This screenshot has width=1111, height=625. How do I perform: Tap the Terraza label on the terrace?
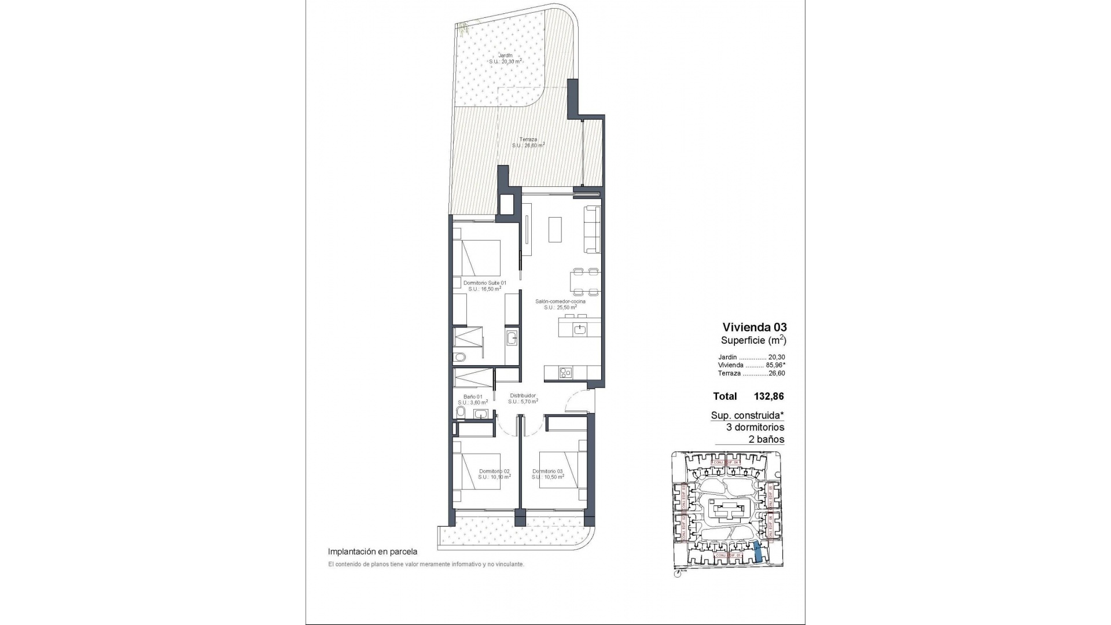tap(528, 139)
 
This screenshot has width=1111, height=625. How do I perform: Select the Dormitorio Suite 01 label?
tap(485, 282)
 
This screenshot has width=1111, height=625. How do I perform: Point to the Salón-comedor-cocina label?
tap(560, 302)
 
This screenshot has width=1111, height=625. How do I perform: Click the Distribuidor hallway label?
tap(523, 396)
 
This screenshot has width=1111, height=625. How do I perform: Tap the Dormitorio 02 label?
tap(494, 471)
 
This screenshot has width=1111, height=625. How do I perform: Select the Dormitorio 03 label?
tap(547, 471)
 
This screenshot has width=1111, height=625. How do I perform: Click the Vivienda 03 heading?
tap(755, 327)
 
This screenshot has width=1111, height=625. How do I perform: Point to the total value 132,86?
tap(768, 396)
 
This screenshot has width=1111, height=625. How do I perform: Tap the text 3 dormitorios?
tap(755, 427)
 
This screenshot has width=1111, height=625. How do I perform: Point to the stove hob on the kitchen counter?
tap(565, 374)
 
